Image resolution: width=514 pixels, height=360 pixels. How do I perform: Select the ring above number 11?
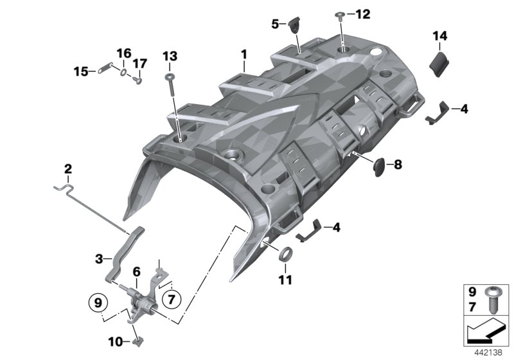tap(287, 251)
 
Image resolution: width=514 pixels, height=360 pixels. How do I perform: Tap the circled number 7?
tap(172, 298)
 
